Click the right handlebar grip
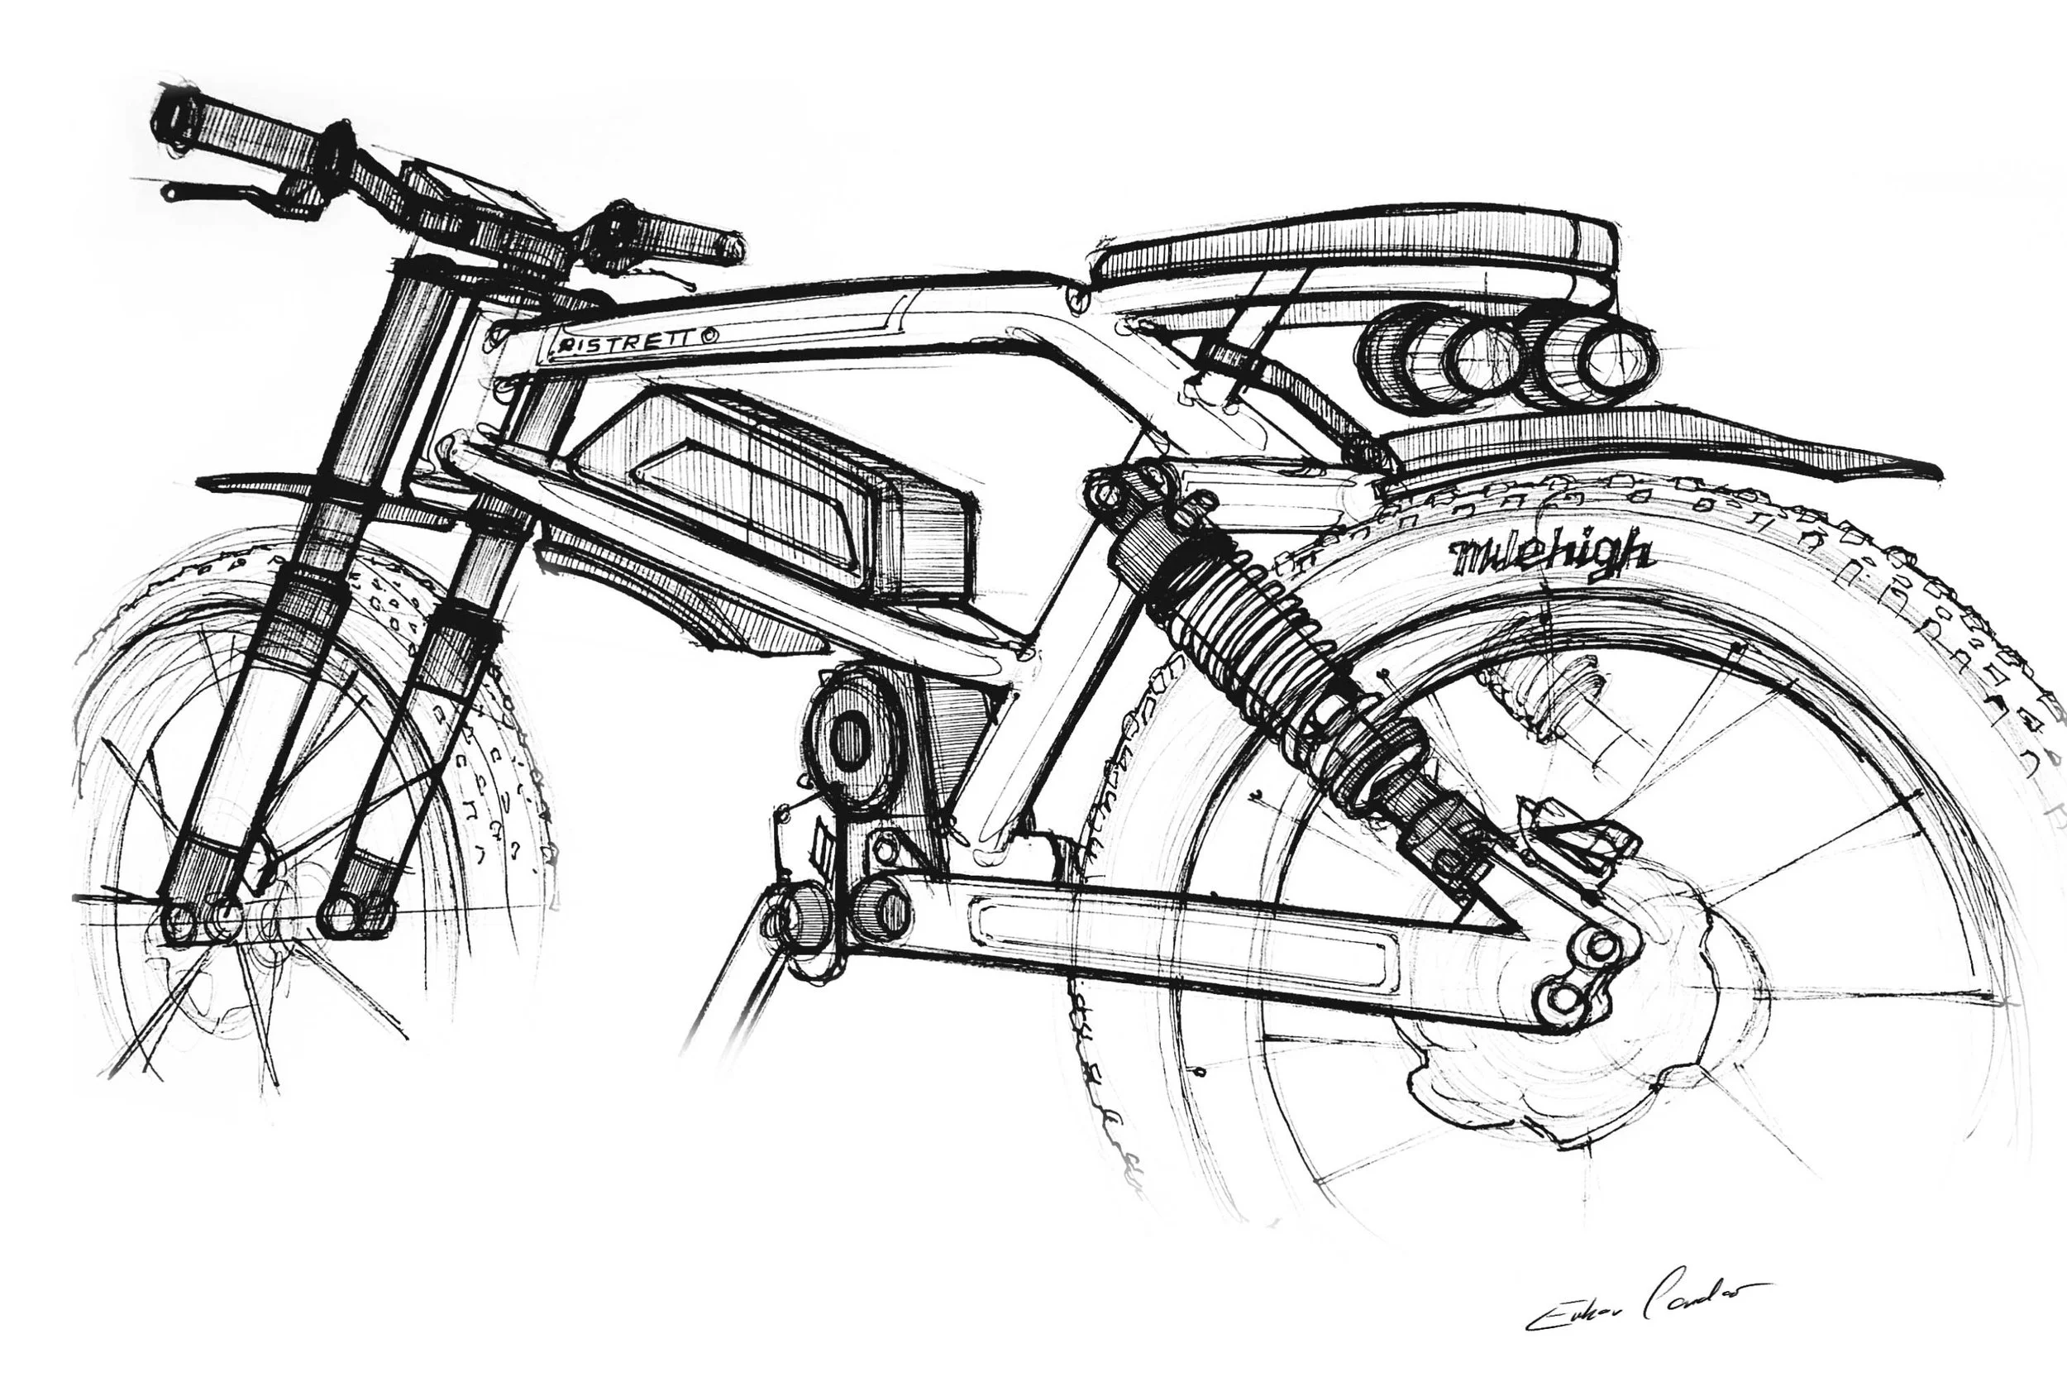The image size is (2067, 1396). pyautogui.click(x=685, y=237)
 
